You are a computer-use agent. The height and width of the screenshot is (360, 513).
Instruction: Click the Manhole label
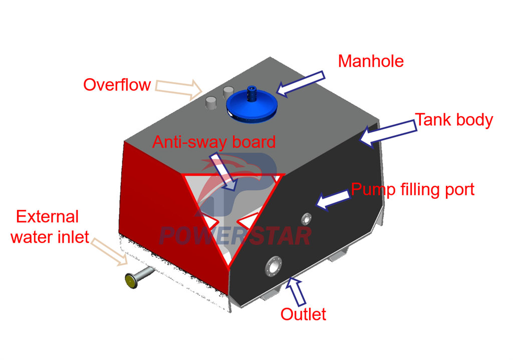[371, 61]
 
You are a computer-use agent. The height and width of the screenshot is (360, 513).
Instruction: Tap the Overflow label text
[117, 85]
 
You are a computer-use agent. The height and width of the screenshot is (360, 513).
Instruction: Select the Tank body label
[454, 120]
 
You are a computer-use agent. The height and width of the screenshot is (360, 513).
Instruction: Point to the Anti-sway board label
[214, 142]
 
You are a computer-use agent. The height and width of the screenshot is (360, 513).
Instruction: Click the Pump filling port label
[413, 190]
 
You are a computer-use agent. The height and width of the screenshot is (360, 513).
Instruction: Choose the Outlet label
[303, 314]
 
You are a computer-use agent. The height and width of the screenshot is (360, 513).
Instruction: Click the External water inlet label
[50, 227]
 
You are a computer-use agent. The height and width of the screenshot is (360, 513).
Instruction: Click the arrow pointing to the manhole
[301, 84]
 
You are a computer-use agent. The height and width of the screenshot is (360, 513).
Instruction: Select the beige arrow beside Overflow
[179, 89]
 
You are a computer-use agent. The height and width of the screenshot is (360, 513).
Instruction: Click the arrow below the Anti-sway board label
[223, 172]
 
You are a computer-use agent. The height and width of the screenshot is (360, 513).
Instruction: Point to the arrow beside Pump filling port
[333, 200]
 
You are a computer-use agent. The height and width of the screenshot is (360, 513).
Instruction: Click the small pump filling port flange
[306, 219]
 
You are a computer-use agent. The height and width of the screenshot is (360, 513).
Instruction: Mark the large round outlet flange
[274, 266]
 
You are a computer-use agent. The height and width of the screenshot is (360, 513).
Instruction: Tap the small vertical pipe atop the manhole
[251, 94]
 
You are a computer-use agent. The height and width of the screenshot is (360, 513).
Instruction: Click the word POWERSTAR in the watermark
[235, 236]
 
